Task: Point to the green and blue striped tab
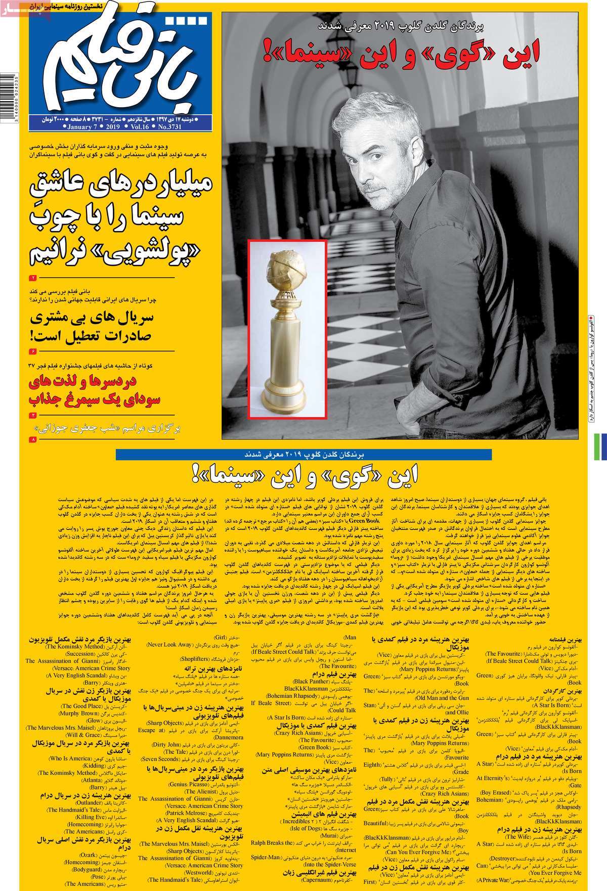tap(602, 447)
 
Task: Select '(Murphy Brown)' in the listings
tap(78, 713)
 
